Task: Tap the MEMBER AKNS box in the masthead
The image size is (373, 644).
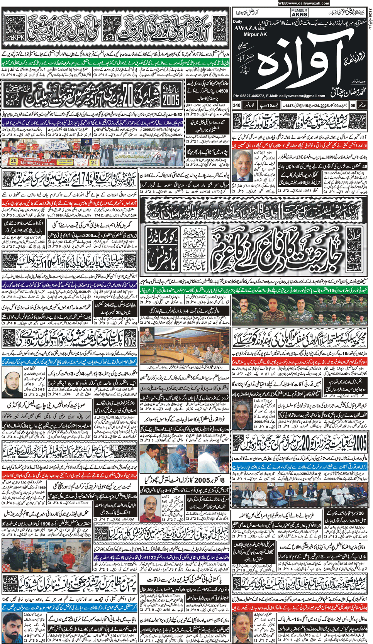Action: pyautogui.click(x=299, y=13)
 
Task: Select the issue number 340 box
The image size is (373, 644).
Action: pyautogui.click(x=237, y=105)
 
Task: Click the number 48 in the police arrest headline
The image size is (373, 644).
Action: pyautogui.click(x=365, y=166)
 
